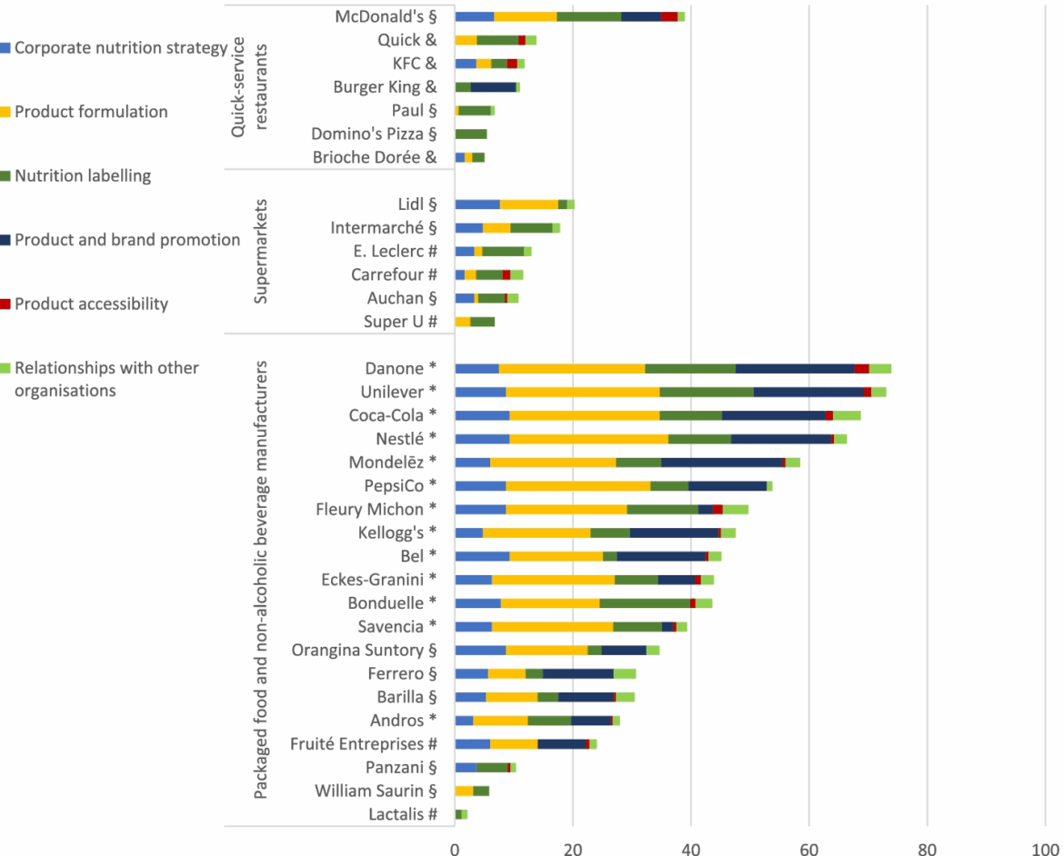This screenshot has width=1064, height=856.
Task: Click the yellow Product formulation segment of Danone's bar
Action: pos(571,368)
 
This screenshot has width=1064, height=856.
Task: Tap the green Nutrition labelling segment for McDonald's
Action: pos(588,16)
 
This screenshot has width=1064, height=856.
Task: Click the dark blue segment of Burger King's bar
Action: pos(493,87)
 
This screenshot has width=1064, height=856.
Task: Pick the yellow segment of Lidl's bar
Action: pos(528,204)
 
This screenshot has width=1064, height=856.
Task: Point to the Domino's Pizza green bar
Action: pos(470,134)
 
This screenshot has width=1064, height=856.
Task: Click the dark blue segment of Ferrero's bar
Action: pos(577,673)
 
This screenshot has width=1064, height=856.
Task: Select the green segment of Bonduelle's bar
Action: pos(644,602)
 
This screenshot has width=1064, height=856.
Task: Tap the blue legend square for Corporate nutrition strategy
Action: pos(6,47)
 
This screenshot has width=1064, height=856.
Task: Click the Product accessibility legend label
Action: pos(91,304)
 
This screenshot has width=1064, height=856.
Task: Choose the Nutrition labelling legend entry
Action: pos(83,175)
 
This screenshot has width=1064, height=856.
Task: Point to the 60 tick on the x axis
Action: pos(808,847)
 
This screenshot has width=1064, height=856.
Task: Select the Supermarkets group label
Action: pos(261,252)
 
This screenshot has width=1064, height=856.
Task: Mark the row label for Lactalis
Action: pos(401,814)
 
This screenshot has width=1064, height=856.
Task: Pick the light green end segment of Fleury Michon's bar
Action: pos(735,509)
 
